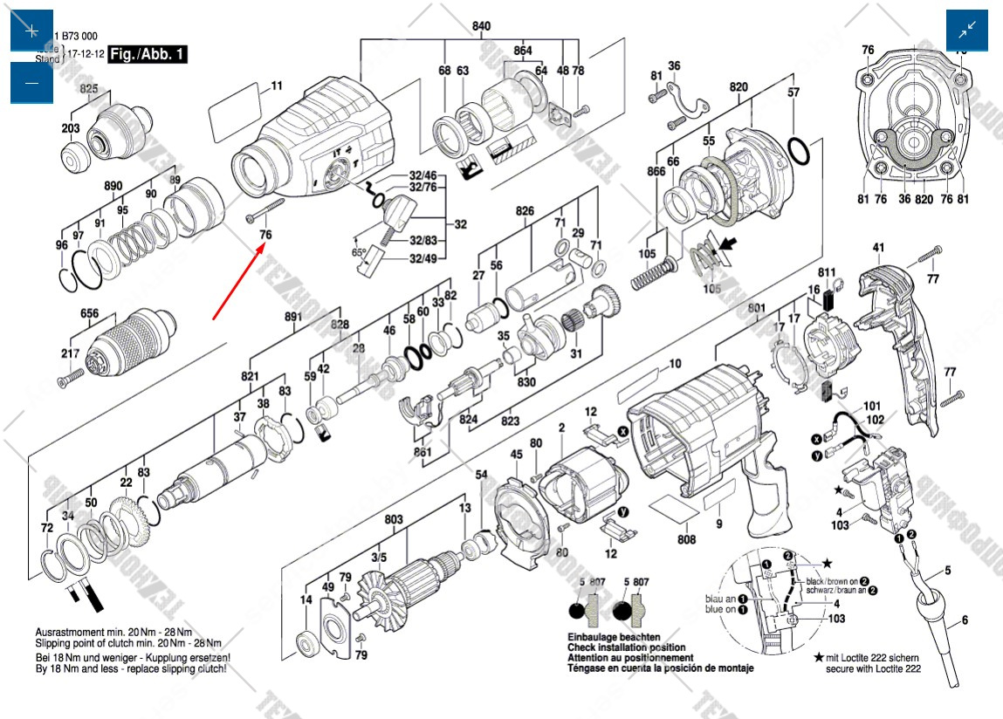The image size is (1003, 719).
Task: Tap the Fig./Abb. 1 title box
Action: [148, 54]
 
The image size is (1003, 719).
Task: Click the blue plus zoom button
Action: [31, 31]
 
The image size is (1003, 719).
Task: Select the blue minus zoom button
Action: [31, 83]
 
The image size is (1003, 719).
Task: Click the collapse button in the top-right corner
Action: [967, 31]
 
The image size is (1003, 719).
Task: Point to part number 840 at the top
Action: [481, 26]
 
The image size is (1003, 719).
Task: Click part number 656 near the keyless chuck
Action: [90, 313]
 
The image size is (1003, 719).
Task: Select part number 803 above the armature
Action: [394, 520]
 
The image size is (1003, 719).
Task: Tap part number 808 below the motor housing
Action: [687, 539]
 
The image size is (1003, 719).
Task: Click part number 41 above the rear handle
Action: [878, 249]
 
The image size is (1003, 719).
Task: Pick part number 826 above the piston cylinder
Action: [525, 212]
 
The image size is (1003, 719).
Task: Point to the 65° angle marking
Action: [358, 253]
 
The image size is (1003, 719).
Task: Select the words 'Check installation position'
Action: [626, 647]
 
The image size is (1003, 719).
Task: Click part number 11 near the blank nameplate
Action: [276, 86]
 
